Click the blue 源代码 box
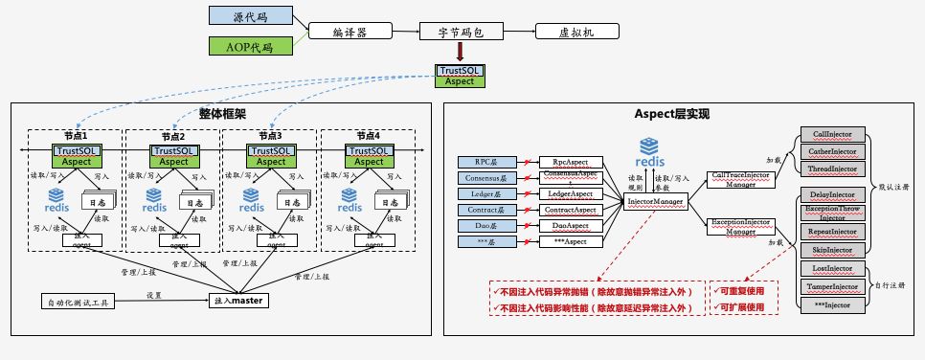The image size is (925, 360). pos(250,17)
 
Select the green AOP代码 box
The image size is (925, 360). pos(250,46)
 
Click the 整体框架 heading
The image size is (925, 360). pos(222,113)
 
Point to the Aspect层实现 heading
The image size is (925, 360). pos(671,114)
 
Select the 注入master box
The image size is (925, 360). pos(238,301)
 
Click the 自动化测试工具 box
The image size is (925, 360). pos(79,303)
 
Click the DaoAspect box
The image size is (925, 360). pos(570,226)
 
